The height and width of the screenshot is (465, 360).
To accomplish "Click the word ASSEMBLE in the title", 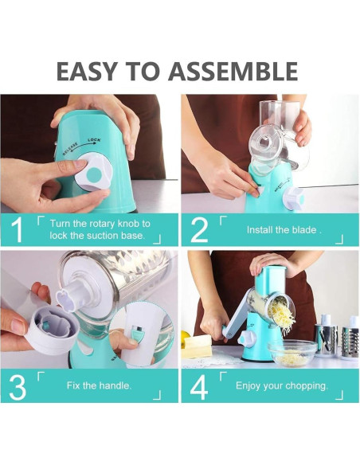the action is [x=233, y=71].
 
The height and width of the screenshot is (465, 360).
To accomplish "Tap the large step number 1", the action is [x=18, y=229].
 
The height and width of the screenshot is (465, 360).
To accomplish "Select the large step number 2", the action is [x=199, y=229].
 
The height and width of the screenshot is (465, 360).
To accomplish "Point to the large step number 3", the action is [x=18, y=387].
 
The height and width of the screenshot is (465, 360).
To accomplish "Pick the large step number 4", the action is [x=199, y=387].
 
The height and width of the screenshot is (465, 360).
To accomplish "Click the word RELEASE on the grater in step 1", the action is [x=70, y=149].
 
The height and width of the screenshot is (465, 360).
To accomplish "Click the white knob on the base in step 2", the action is [x=294, y=197].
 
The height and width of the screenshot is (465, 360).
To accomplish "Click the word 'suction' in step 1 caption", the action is [x=102, y=236].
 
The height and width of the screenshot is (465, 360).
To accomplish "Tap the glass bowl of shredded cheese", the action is [x=292, y=354].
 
